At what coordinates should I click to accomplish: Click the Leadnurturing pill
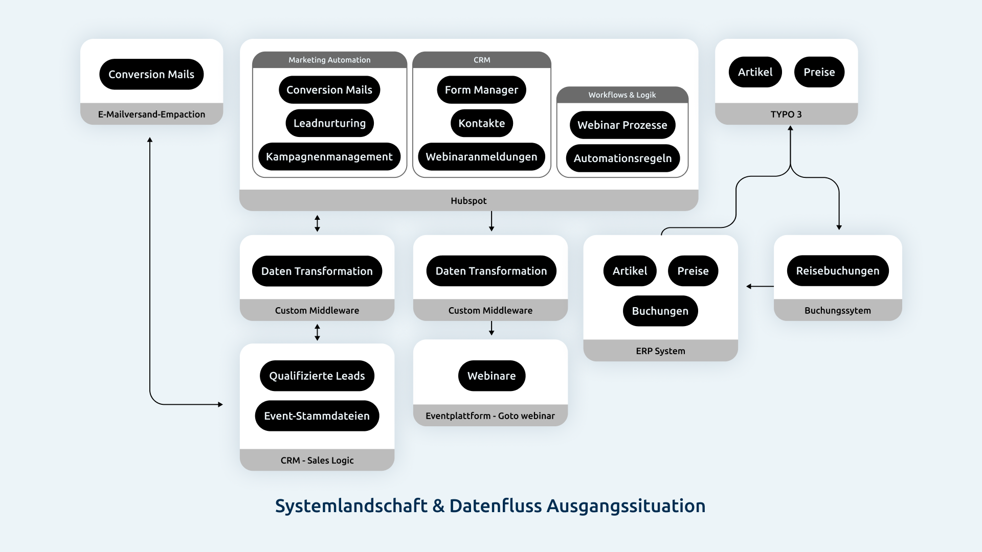(x=329, y=123)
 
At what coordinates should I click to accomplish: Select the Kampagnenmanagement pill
(x=329, y=157)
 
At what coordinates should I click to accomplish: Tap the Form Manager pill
(x=481, y=90)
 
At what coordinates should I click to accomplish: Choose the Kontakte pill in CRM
(x=481, y=123)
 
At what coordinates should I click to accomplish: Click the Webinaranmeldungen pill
(x=481, y=157)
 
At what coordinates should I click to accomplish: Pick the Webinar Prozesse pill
(x=622, y=125)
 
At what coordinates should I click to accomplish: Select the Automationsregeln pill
(x=622, y=158)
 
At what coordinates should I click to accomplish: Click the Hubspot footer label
(x=468, y=201)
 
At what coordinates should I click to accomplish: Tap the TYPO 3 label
(x=786, y=114)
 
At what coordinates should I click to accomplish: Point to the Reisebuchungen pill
(x=837, y=271)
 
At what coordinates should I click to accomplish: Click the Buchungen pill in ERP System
(x=660, y=311)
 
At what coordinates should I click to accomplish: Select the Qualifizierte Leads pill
(x=317, y=376)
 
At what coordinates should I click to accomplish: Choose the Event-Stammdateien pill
(x=317, y=416)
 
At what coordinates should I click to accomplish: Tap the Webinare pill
(x=491, y=376)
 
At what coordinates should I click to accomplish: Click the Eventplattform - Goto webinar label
(x=490, y=416)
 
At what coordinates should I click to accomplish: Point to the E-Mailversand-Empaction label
(x=151, y=114)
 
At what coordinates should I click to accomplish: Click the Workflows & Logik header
(x=622, y=95)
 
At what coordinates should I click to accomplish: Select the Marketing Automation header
(x=329, y=60)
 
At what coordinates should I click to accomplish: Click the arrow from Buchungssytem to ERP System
(x=760, y=286)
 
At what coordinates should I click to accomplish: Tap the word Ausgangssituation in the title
(x=626, y=506)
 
